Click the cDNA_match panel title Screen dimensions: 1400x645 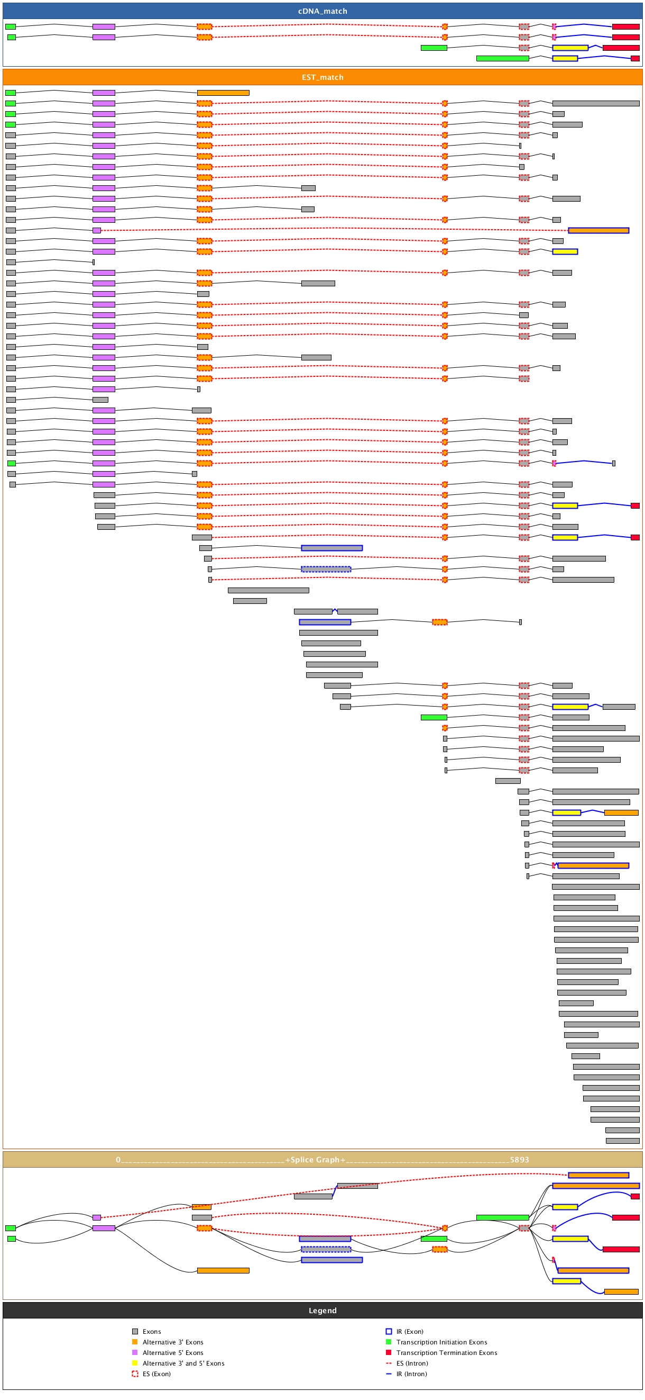pyautogui.click(x=322, y=11)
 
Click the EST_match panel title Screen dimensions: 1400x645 pyautogui.click(x=322, y=77)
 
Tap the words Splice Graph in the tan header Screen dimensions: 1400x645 pyautogui.click(x=315, y=1160)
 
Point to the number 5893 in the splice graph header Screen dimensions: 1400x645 pyautogui.click(x=519, y=1160)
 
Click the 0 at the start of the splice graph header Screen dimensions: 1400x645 pyautogui.click(x=118, y=1160)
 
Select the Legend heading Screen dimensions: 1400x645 pyautogui.click(x=322, y=1311)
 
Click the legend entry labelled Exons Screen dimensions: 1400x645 pyautogui.click(x=152, y=1332)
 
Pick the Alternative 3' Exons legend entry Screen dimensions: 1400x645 pyautogui.click(x=173, y=1342)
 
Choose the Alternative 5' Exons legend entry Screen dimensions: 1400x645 pyautogui.click(x=173, y=1353)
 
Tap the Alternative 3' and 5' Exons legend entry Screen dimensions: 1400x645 pyautogui.click(x=183, y=1363)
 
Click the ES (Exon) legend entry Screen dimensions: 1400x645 pyautogui.click(x=156, y=1374)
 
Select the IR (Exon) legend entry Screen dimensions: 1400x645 pyautogui.click(x=409, y=1332)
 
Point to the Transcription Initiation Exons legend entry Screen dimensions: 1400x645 pyautogui.click(x=441, y=1342)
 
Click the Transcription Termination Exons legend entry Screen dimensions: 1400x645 pyautogui.click(x=446, y=1353)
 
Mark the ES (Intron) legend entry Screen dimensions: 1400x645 pyautogui.click(x=411, y=1363)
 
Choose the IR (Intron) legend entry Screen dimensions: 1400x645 pyautogui.click(x=411, y=1374)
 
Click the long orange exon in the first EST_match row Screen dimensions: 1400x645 pyautogui.click(x=223, y=93)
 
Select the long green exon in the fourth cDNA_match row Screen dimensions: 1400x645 pyautogui.click(x=502, y=58)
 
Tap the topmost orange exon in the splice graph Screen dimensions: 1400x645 pyautogui.click(x=598, y=1175)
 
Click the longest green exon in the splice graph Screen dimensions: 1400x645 pyautogui.click(x=502, y=1217)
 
